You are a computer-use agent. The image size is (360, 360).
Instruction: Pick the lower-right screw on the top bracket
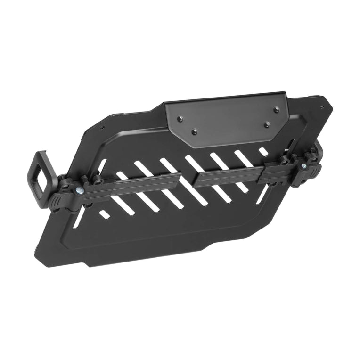[x=267, y=124]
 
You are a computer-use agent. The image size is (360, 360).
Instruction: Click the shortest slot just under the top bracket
[x=262, y=150]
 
